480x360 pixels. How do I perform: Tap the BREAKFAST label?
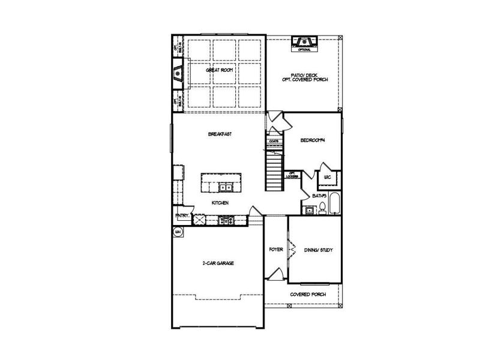click(220, 134)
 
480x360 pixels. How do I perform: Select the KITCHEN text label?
click(220, 203)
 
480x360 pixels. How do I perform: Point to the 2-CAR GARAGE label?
click(217, 263)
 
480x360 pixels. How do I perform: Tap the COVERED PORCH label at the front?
click(308, 295)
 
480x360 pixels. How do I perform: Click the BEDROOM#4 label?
click(313, 140)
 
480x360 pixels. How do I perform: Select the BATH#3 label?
click(319, 196)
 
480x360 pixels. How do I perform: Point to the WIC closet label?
click(328, 178)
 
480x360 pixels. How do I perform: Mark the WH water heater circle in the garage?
click(178, 232)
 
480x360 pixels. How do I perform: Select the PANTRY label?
click(182, 215)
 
